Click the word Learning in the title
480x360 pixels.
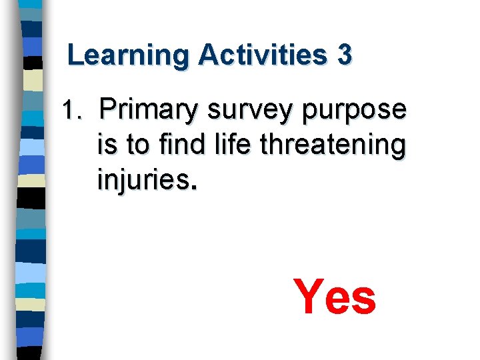(127, 55)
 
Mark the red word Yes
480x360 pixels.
(335, 297)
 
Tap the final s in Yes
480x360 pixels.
(364, 301)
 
